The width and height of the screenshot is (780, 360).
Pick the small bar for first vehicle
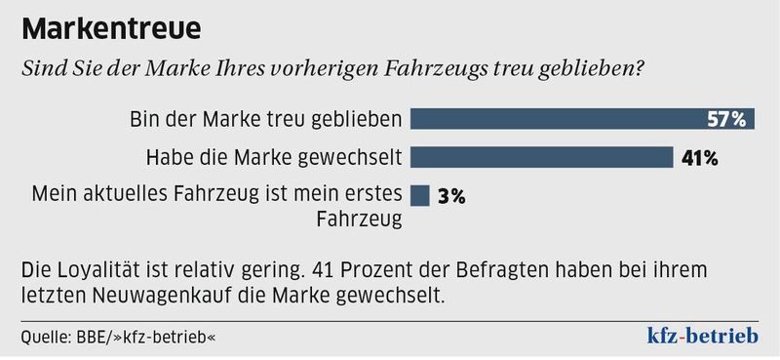pyautogui.click(x=420, y=194)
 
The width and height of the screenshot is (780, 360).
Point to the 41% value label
pyautogui.click(x=699, y=157)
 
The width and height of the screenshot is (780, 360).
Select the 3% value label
pyautogui.click(x=451, y=195)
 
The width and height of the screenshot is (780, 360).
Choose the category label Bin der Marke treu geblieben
pyautogui.click(x=266, y=120)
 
